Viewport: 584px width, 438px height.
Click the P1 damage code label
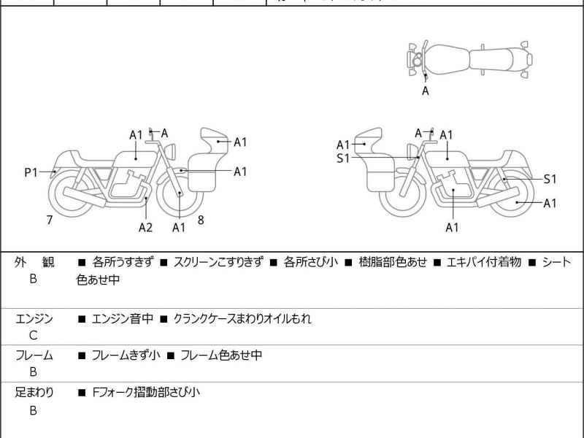[31, 172]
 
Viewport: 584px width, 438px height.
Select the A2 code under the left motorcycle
[146, 227]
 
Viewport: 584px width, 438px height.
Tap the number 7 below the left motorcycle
[49, 219]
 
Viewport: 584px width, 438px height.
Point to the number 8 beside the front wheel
[200, 218]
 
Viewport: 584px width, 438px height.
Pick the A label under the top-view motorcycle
[426, 91]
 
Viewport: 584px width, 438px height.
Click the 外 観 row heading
[34, 262]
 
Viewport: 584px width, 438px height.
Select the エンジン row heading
[34, 319]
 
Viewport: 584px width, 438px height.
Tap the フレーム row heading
[34, 356]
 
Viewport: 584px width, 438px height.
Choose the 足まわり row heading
[34, 392]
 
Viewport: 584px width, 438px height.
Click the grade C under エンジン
[34, 336]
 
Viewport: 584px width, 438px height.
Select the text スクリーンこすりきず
[217, 262]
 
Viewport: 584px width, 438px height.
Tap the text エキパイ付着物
[484, 262]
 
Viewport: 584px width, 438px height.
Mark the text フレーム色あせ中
[221, 356]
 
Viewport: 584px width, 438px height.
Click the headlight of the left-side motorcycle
[173, 150]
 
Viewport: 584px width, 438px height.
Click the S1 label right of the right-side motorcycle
[550, 179]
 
